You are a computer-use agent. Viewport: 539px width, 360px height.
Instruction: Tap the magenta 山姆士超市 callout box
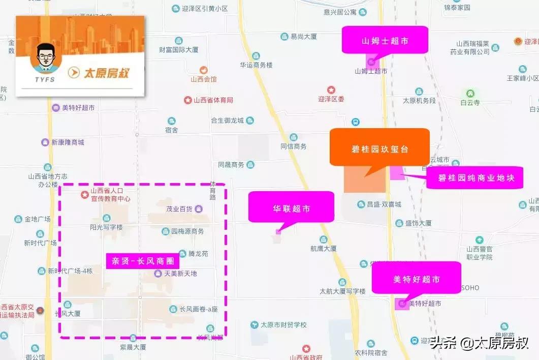click(385, 40)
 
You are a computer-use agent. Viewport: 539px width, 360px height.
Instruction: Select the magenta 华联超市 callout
click(291, 207)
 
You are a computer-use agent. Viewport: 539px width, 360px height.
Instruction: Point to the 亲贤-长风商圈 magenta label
click(142, 261)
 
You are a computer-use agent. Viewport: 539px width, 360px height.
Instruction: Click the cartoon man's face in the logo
click(43, 58)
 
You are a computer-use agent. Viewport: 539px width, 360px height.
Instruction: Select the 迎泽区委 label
click(331, 99)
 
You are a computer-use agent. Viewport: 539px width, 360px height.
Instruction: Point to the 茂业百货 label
click(179, 208)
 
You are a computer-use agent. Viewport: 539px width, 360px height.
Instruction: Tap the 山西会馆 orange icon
click(204, 70)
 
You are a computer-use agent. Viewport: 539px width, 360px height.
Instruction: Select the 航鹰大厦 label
click(324, 249)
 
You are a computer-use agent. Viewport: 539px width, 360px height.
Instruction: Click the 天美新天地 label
click(180, 274)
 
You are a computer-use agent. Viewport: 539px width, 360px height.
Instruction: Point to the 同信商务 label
click(294, 146)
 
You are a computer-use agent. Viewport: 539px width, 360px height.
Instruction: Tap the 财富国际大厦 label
click(178, 50)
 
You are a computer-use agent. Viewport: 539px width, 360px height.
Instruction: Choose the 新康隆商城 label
click(68, 142)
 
